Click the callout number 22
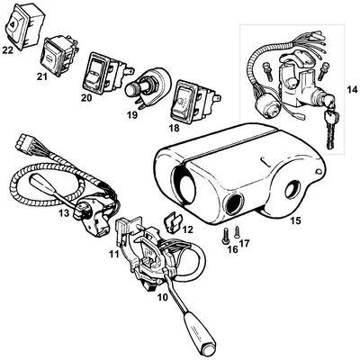pyautogui.click(x=8, y=50)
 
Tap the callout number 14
pyautogui.click(x=352, y=89)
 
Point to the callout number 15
pyautogui.click(x=295, y=221)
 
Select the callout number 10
pyautogui.click(x=163, y=297)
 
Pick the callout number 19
pyautogui.click(x=131, y=114)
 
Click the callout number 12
pyautogui.click(x=188, y=229)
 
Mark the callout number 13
pyautogui.click(x=64, y=213)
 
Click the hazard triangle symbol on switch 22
pyautogui.click(x=12, y=23)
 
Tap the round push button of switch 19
pyautogui.click(x=130, y=89)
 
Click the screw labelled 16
pyautogui.click(x=225, y=236)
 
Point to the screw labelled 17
pyautogui.click(x=238, y=231)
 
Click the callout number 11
pyautogui.click(x=113, y=255)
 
